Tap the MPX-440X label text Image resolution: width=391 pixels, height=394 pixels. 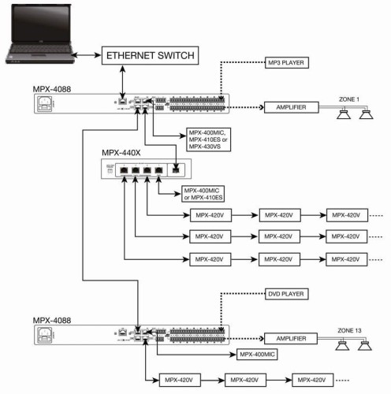pyautogui.click(x=123, y=152)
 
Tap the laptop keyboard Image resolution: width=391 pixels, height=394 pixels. pyautogui.click(x=35, y=58)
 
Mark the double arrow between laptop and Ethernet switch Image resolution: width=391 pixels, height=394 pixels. pyautogui.click(x=82, y=58)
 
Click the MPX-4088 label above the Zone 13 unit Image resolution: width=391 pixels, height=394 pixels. pyautogui.click(x=51, y=321)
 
